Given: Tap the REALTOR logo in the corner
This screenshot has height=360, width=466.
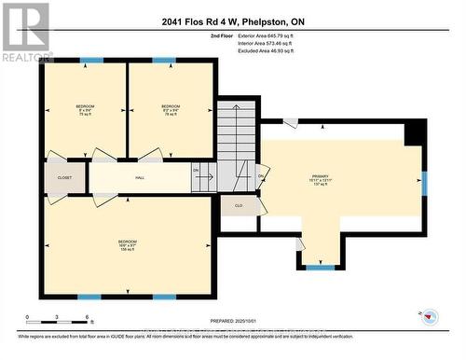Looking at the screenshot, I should [x=25, y=32].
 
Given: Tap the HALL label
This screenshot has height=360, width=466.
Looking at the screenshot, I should [x=140, y=176].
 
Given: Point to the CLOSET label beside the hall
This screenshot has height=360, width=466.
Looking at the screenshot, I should [x=64, y=176].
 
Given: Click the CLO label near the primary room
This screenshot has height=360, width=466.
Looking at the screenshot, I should [x=239, y=205].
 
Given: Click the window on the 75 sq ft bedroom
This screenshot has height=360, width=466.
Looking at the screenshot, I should [x=90, y=61].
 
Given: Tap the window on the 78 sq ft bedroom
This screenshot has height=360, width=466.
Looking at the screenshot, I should [x=164, y=61].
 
